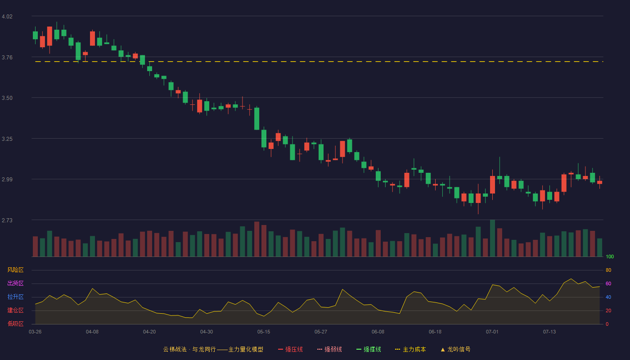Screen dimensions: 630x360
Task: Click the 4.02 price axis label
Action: point(7,17)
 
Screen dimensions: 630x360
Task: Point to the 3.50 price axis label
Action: point(7,98)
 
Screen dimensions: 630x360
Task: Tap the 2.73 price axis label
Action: point(7,220)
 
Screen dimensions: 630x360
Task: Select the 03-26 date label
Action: point(35,332)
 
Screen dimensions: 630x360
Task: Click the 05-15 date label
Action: point(264,332)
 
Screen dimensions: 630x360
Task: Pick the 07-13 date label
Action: point(549,332)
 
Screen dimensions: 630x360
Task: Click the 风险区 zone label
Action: point(15,270)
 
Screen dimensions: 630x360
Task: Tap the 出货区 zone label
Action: point(15,283)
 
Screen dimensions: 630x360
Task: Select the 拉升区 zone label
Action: point(15,297)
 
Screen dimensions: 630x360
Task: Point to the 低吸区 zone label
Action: point(15,324)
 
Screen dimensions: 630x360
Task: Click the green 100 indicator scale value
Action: point(610,256)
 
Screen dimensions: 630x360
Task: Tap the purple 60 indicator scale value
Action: point(608,283)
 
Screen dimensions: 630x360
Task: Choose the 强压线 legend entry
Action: point(290,349)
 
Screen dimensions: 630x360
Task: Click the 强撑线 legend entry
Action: point(369,349)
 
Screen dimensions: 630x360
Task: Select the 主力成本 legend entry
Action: point(410,349)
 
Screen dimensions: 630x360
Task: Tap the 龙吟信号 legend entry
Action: point(455,349)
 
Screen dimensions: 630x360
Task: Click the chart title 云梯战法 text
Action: point(175,349)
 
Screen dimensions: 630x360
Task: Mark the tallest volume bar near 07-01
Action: point(492,238)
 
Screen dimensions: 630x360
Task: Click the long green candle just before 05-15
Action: point(256,119)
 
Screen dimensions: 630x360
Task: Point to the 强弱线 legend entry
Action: point(329,349)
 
